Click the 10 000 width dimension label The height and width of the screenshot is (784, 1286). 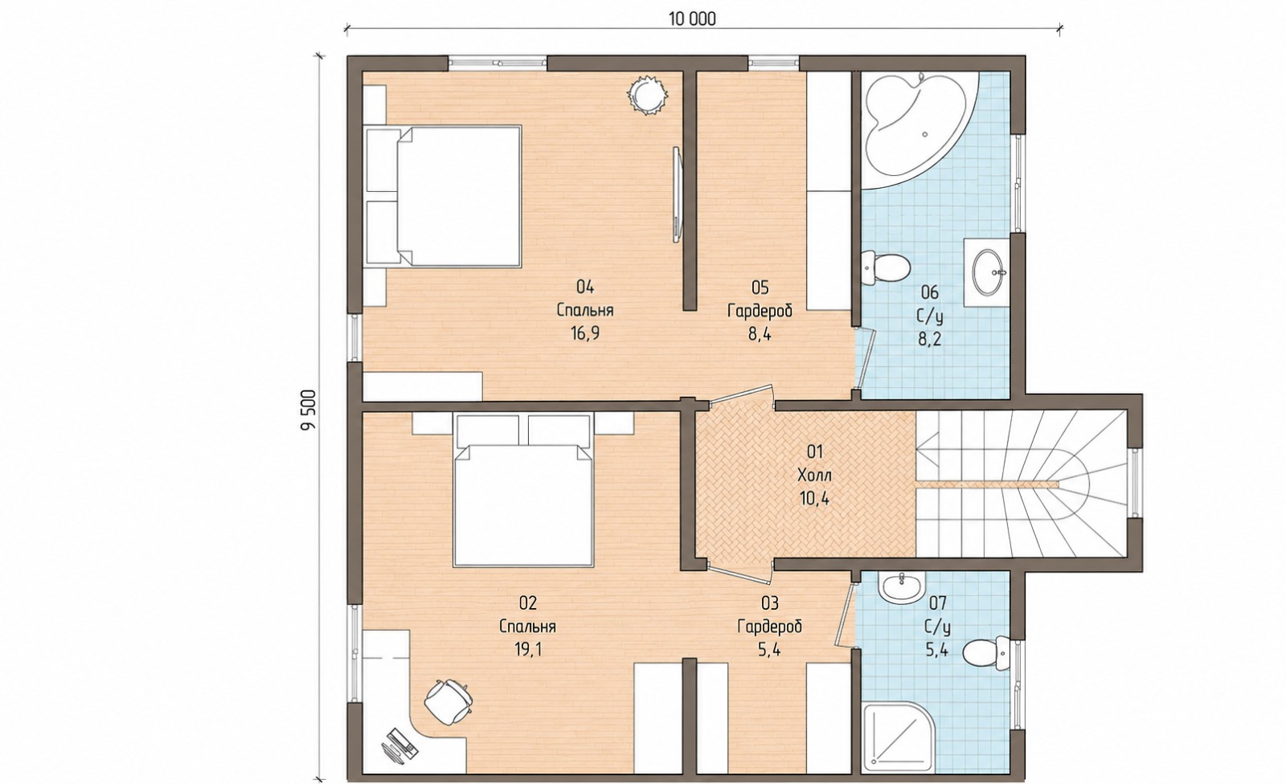click(x=692, y=19)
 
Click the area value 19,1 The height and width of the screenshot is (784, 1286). click(x=528, y=649)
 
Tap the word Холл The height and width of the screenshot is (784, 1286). click(x=815, y=476)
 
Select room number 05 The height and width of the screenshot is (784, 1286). click(x=760, y=287)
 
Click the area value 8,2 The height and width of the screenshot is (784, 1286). click(x=929, y=339)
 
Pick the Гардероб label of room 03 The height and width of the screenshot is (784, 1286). click(x=769, y=627)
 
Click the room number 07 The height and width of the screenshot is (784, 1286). click(x=936, y=602)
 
